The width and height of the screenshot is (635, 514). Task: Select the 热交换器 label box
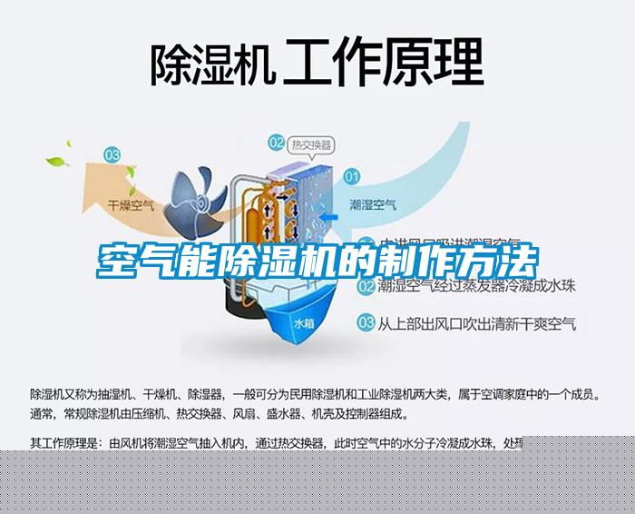tap(310, 143)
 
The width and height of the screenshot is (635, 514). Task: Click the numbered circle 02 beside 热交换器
tap(276, 142)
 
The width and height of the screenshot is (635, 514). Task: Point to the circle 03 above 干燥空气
tap(112, 154)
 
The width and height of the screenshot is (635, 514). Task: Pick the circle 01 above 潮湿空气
tap(352, 174)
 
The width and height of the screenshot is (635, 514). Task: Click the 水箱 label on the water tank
tap(303, 322)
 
